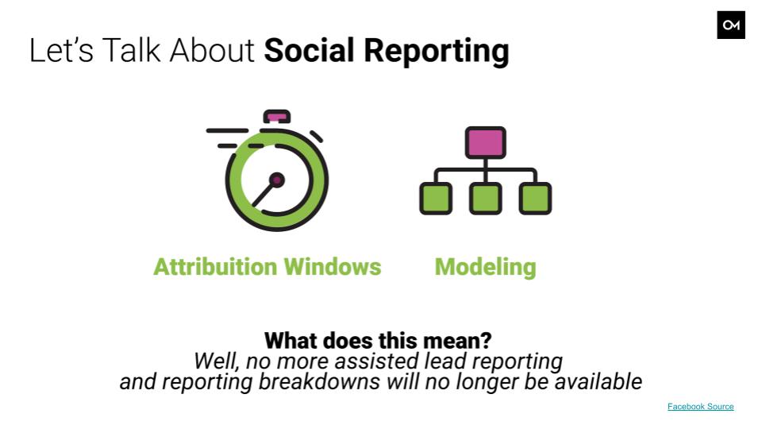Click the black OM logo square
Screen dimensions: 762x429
731,25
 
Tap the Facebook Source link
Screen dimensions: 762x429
700,407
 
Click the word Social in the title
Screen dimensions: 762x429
309,50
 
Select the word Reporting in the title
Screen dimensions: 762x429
437,52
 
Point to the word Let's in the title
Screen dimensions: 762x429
61,50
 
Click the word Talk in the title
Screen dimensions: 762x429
131,50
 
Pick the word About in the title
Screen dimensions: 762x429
212,50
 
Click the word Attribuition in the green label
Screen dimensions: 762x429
215,267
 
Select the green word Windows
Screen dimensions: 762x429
333,267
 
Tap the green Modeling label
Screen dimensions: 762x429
486,268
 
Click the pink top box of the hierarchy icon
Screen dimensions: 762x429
486,142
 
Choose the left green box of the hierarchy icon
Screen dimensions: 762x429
436,199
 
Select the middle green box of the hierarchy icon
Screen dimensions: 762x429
486,199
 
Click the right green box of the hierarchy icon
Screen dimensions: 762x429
535,199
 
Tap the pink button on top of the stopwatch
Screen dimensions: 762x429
276,117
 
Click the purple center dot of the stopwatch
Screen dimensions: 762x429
277,180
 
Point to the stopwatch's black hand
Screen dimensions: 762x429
263,195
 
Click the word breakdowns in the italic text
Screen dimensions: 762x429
319,382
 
